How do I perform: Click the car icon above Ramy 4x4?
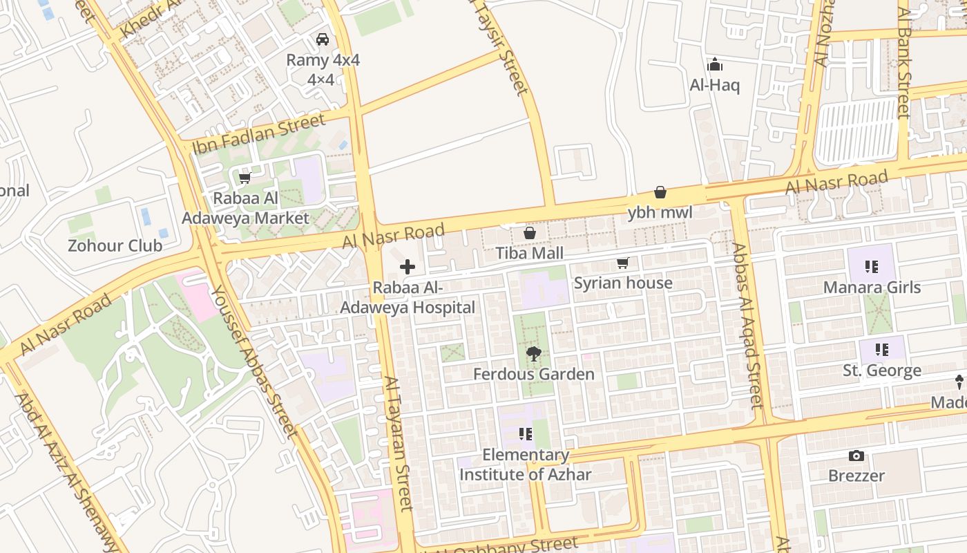322,39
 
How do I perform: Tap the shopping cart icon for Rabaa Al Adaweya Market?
245,178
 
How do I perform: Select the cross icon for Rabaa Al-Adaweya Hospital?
408,267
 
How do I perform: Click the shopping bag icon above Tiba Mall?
530,233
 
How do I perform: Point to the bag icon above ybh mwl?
660,192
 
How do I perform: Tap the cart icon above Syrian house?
623,263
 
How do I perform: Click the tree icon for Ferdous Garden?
533,354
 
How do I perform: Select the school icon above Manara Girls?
872,267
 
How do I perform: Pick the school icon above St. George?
881,350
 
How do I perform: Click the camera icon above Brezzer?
856,456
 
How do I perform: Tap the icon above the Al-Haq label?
715,66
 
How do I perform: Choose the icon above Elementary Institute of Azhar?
526,434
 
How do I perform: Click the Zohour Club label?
115,245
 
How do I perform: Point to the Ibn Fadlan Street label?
259,133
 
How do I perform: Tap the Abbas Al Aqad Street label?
747,325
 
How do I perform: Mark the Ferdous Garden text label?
533,374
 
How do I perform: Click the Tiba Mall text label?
530,253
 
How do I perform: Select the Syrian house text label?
623,283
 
